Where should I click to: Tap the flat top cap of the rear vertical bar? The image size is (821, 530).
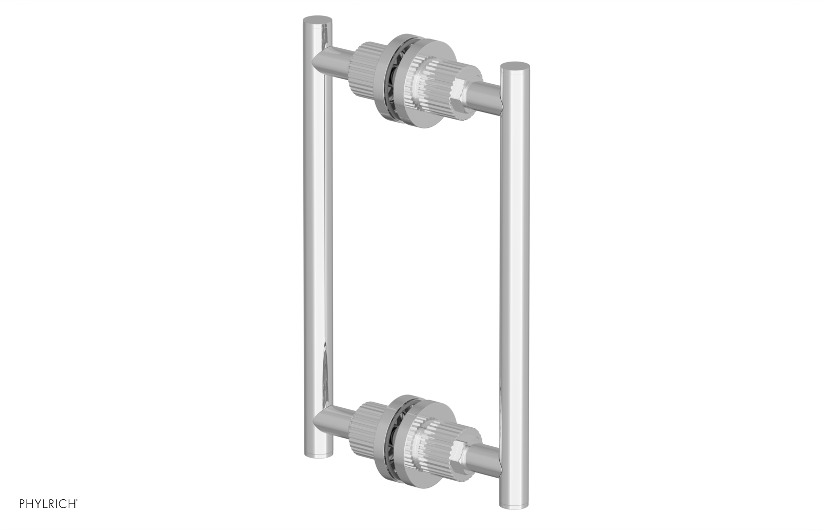point(317,20)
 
